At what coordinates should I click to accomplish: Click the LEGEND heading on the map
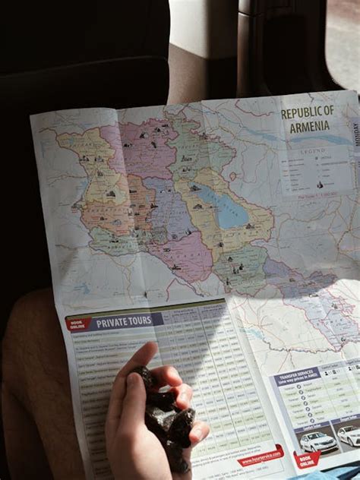point(312,152)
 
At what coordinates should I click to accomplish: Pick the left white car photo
point(315,441)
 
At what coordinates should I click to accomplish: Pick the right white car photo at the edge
point(349,435)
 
